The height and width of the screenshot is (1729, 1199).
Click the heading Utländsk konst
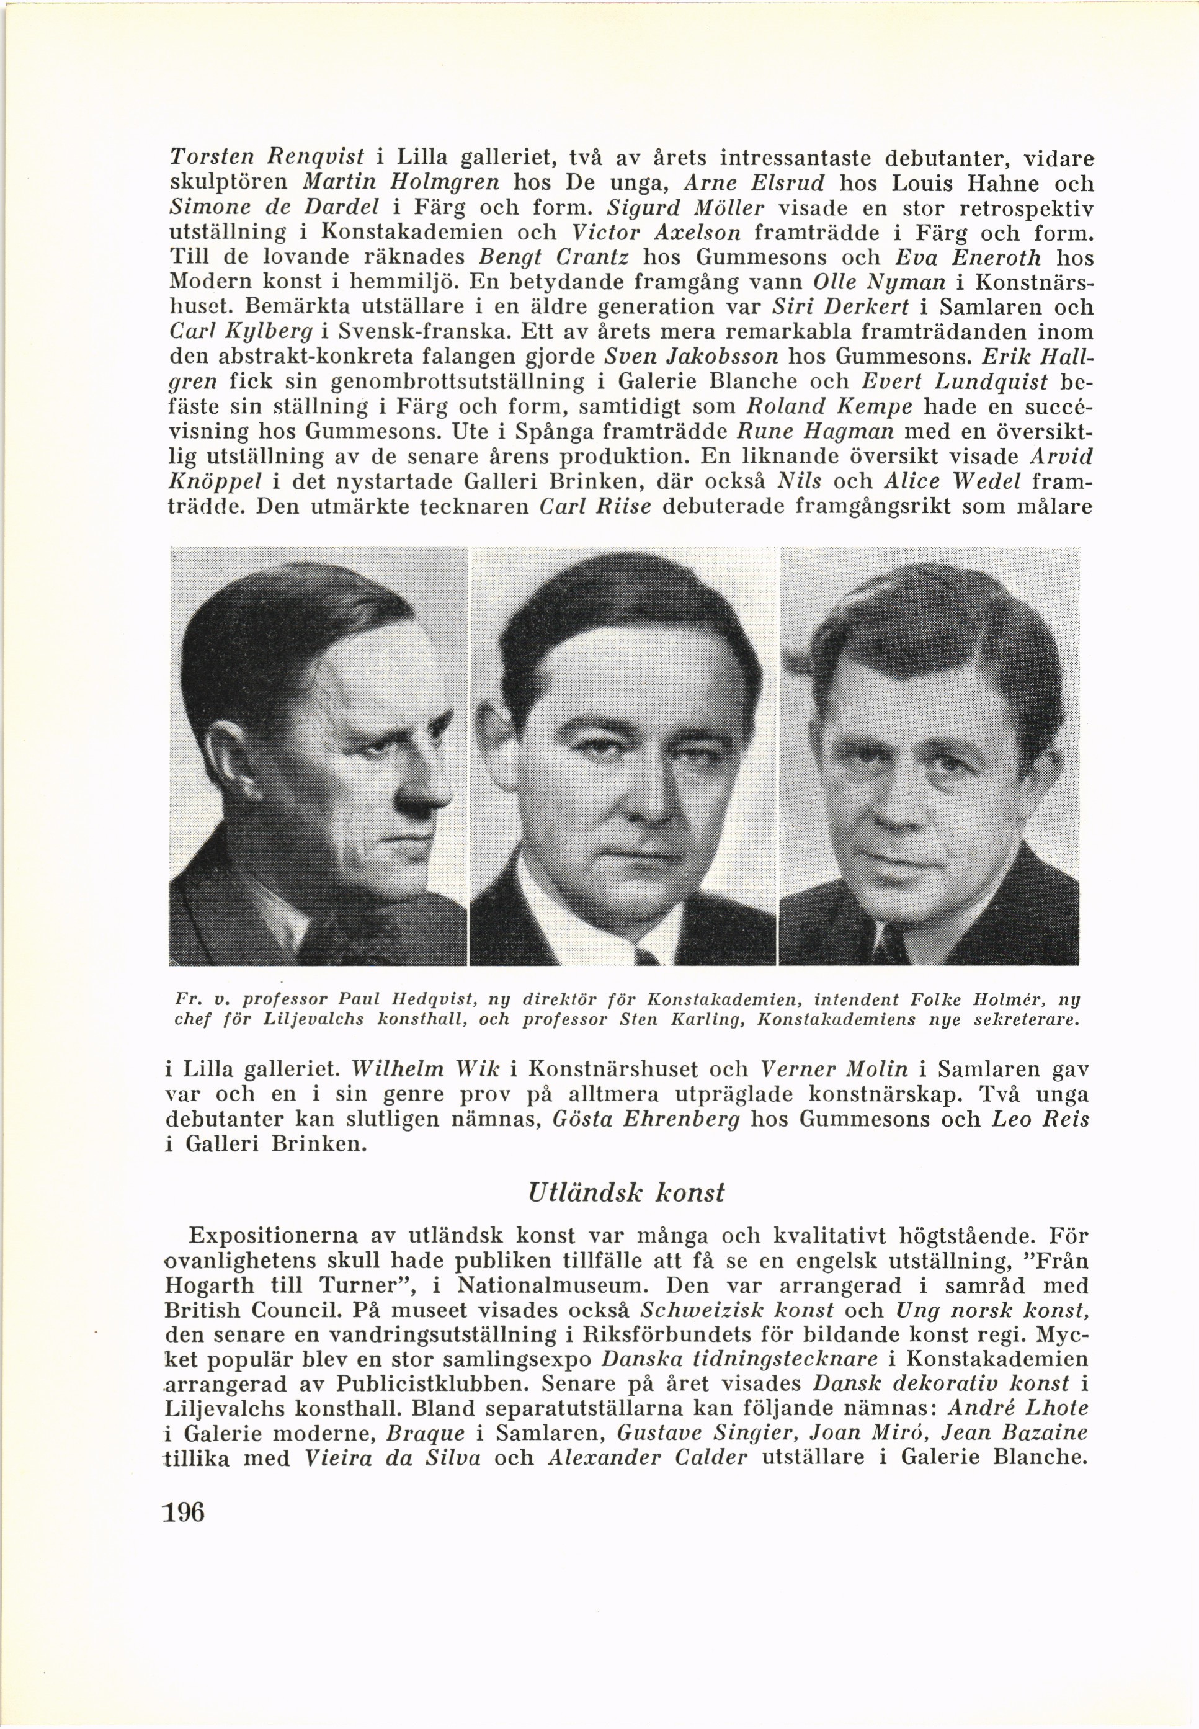coord(626,1192)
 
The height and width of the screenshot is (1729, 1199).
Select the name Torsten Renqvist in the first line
coord(267,159)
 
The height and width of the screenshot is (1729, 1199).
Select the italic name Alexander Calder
coord(648,1458)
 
